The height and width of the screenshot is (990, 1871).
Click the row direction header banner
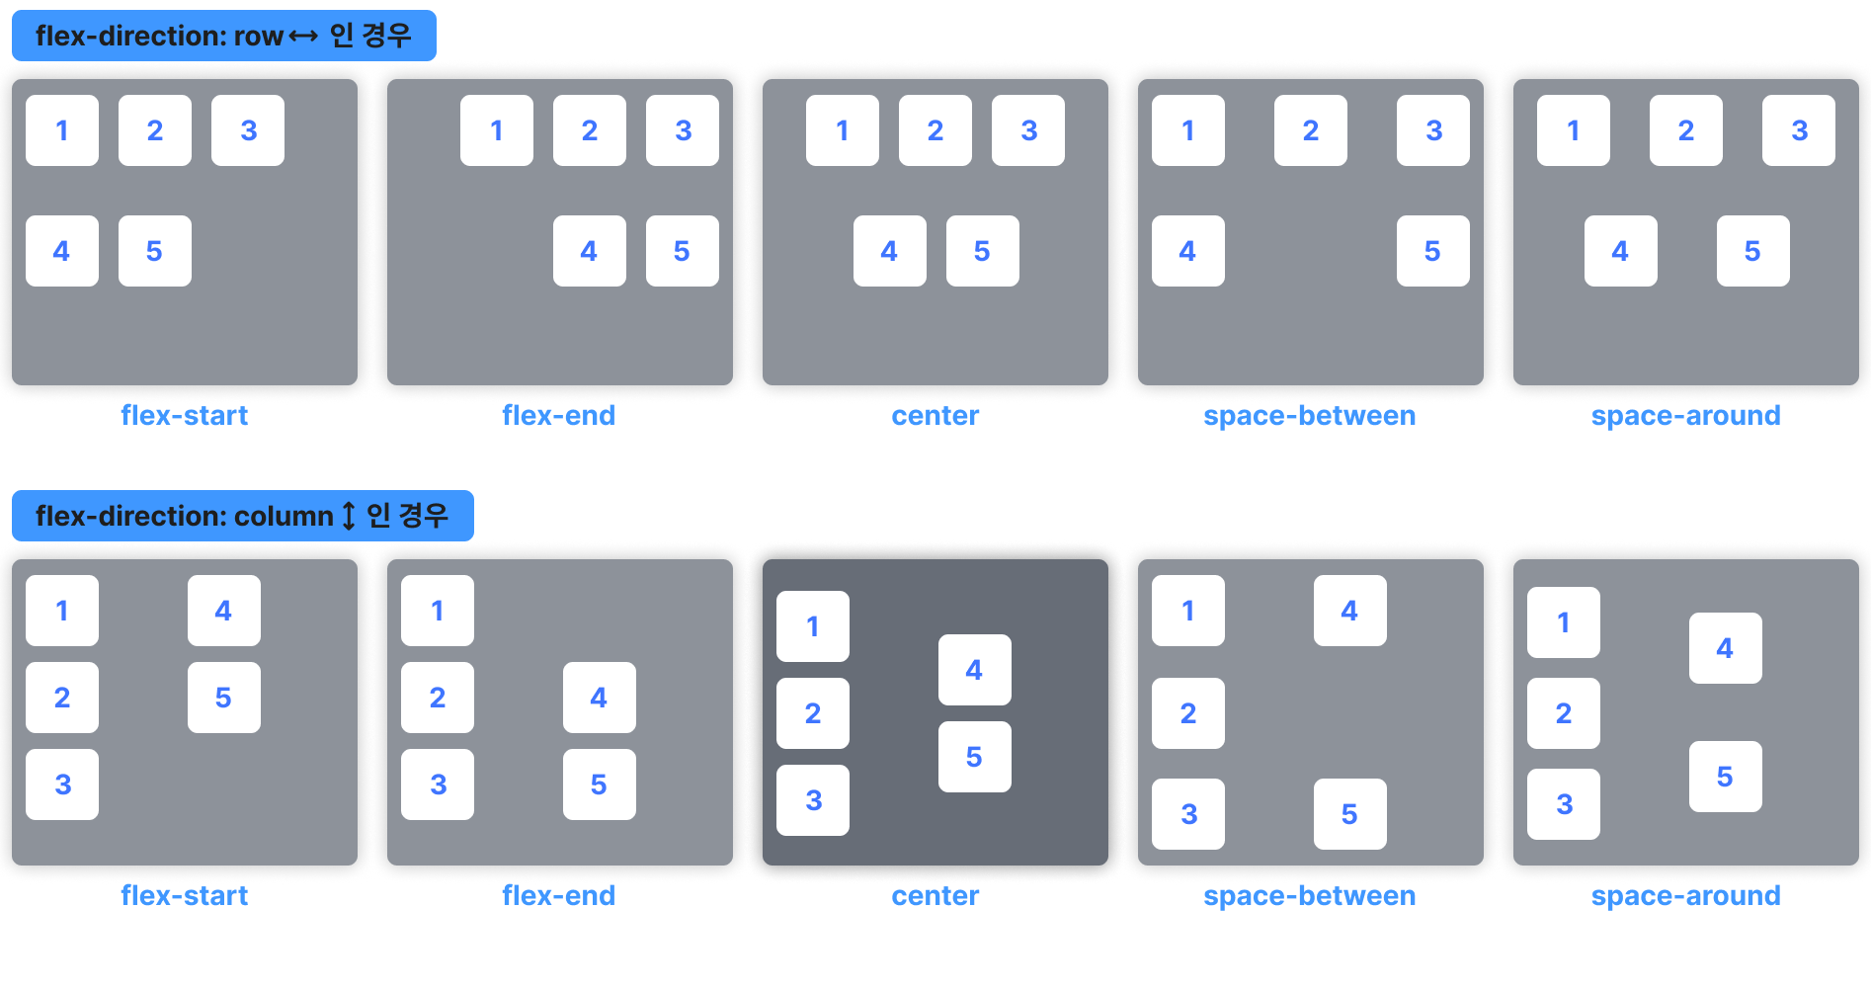tap(223, 37)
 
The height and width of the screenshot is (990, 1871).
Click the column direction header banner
tap(242, 516)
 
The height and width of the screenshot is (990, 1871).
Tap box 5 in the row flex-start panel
tap(155, 251)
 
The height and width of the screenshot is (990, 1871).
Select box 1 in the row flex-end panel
tap(497, 130)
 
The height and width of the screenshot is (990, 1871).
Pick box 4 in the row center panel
tap(890, 251)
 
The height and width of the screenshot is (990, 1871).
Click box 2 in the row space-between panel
tap(1311, 130)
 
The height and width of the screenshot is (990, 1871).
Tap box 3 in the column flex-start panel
tap(62, 784)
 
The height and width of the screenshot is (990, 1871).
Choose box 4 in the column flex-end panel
tap(600, 698)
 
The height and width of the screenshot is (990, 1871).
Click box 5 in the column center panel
tap(975, 757)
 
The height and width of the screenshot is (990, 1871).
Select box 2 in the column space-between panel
tap(1188, 713)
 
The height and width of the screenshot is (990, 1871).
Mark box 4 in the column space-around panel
tap(1726, 648)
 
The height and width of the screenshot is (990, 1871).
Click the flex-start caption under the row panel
tap(185, 416)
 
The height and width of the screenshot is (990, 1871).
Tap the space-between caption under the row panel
tap(1310, 416)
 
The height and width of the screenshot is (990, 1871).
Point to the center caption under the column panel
tap(935, 896)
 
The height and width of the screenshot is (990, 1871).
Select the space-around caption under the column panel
tap(1686, 896)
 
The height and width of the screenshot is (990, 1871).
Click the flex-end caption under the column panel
tap(559, 896)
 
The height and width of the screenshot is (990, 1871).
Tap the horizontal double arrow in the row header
tap(303, 37)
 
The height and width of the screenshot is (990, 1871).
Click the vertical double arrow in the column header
tap(349, 516)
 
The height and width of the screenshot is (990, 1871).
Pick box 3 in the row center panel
tap(1028, 130)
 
